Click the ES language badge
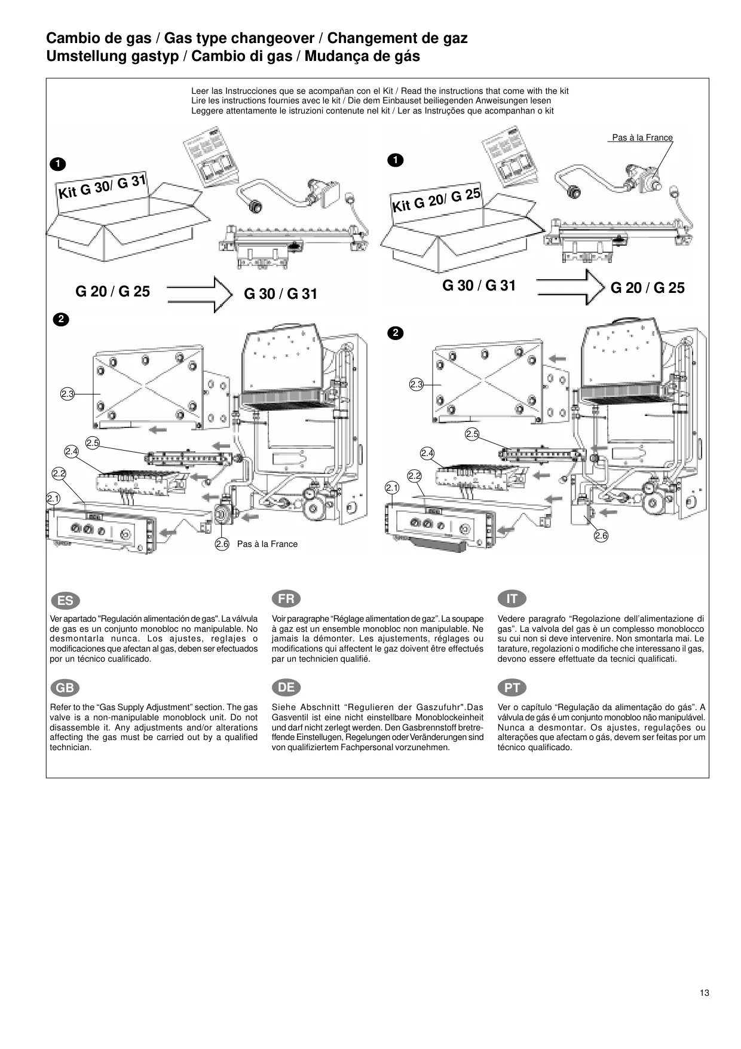(65, 601)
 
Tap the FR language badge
(286, 598)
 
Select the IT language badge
(512, 598)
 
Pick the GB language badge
(65, 688)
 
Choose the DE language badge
(286, 687)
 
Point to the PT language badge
(512, 688)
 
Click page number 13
(705, 993)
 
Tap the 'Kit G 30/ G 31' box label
(102, 186)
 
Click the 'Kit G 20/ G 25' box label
(436, 200)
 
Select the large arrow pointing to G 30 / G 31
(200, 295)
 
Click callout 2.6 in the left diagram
(222, 544)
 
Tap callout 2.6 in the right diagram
(601, 536)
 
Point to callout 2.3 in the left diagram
(67, 394)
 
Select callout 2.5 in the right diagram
(472, 434)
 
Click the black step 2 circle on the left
(60, 319)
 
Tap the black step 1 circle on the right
(394, 160)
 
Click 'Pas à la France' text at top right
(642, 137)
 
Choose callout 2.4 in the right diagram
(427, 453)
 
